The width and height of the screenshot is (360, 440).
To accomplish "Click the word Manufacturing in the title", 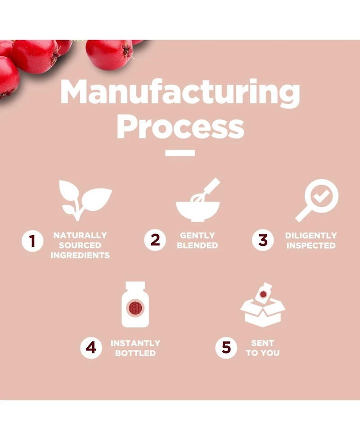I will (180, 92).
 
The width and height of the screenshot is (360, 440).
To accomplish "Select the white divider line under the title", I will (180, 153).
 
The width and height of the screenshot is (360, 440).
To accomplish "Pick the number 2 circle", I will (155, 240).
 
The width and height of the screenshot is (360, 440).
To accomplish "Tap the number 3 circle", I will (263, 240).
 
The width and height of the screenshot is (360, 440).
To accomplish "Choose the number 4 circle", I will (91, 348).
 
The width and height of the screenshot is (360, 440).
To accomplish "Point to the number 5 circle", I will (226, 348).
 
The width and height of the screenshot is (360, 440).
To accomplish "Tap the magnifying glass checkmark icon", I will (318, 200).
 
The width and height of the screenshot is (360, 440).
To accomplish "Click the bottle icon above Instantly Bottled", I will (135, 304).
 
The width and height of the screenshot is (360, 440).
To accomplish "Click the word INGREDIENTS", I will (80, 255).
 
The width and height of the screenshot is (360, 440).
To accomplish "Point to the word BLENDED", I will (197, 245).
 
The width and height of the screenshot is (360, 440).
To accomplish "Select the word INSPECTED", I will (311, 245).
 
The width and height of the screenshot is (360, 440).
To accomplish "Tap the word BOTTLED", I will (135, 353).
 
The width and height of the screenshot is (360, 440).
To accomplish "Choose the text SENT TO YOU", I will (263, 348).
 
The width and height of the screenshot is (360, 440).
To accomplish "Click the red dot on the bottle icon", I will (135, 308).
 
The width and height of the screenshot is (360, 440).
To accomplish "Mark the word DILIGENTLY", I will (311, 236).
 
